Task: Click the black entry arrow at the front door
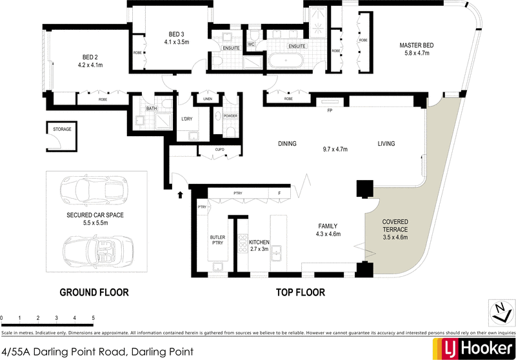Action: pos(180,192)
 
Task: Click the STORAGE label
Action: pos(61,129)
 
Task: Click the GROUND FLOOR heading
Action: pos(94,292)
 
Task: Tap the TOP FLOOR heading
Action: pos(300,292)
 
